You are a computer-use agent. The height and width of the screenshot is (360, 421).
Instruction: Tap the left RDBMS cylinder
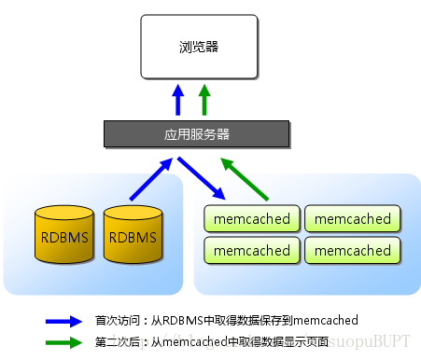tap(64, 235)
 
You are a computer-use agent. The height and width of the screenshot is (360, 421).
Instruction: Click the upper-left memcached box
tap(251, 219)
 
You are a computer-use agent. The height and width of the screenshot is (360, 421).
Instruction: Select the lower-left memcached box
tap(251, 250)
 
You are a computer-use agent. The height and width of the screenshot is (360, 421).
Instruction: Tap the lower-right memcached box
tap(353, 250)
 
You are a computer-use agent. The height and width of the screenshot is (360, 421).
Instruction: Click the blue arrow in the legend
tap(64, 321)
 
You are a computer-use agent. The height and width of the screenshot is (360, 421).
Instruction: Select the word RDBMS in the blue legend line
tap(176, 321)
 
